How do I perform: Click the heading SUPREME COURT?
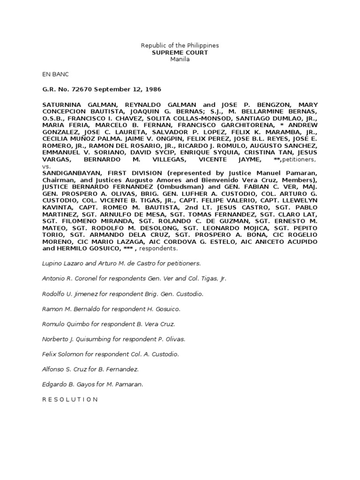(x=180, y=53)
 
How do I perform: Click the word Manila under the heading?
(x=180, y=60)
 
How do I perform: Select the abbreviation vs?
(x=46, y=166)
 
